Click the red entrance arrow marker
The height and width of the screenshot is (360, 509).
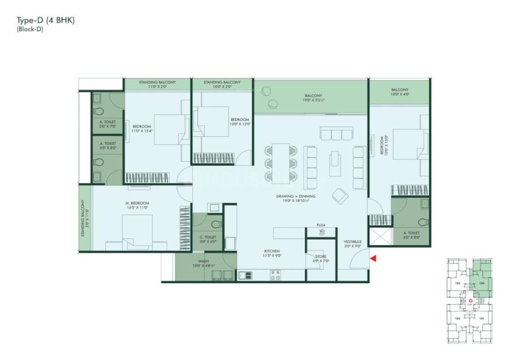[372, 258]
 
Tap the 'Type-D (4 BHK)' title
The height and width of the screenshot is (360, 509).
[46, 20]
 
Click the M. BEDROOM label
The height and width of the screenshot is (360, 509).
[137, 205]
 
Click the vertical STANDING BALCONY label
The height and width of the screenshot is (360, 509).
[84, 218]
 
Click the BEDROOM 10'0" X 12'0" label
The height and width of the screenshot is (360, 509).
[240, 122]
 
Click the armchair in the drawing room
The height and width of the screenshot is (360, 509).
[340, 195]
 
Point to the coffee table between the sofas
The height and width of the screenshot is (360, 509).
[335, 163]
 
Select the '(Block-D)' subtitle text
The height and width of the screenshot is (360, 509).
[29, 29]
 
